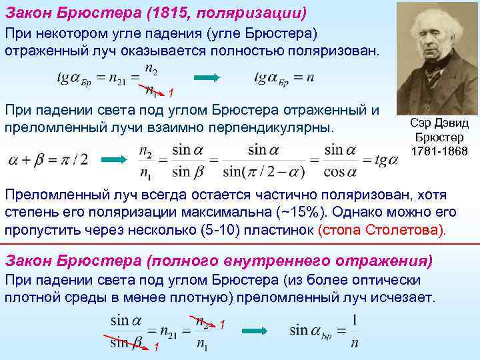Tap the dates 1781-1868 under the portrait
pyautogui.click(x=440, y=152)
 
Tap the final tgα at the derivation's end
pyautogui.click(x=386, y=160)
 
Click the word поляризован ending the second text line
pyautogui.click(x=329, y=51)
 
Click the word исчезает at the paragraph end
pyautogui.click(x=403, y=297)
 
